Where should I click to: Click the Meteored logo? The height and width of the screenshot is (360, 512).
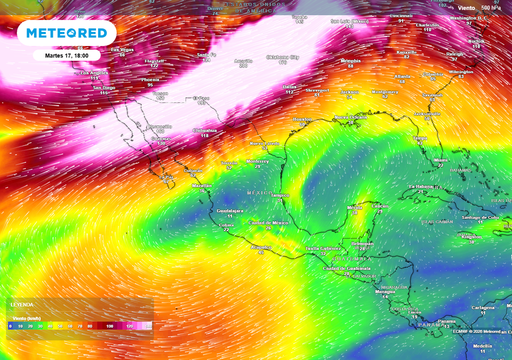66,33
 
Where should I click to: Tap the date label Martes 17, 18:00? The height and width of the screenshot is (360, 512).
66,55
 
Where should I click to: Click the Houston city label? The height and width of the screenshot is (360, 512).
302,119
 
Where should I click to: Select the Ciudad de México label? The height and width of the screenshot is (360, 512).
268,222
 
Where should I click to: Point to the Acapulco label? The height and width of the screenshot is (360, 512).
261,247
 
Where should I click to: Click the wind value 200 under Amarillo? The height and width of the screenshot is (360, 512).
243,66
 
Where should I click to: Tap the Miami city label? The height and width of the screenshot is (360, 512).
440,160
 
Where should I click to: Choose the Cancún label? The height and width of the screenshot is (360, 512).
380,206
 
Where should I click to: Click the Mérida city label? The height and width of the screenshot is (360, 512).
354,207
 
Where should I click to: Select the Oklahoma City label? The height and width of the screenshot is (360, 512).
282,57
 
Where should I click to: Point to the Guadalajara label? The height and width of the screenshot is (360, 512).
230,211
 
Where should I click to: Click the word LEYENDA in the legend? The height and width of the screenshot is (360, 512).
22,304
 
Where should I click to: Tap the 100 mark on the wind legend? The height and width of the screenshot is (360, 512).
109,326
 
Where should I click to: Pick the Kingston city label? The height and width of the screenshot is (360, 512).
471,237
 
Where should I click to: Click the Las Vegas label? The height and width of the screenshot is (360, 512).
122,49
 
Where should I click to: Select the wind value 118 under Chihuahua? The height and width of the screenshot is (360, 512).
204,136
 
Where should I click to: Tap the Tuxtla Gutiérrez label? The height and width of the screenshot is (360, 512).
323,248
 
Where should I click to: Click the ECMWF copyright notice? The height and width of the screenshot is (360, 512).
476,331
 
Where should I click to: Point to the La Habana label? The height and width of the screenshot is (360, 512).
420,186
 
